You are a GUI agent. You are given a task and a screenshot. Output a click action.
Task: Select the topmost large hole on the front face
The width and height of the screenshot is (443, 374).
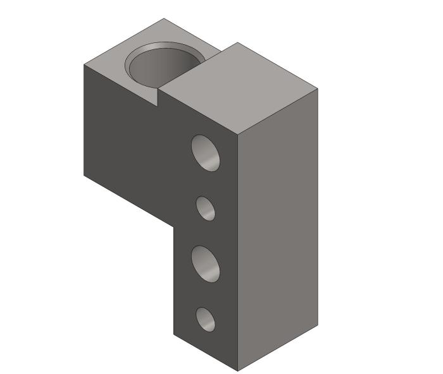pos(206,152)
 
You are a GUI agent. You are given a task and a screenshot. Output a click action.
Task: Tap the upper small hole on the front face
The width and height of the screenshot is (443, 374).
pos(205,208)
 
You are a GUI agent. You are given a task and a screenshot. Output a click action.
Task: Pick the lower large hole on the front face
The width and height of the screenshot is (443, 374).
pos(206,263)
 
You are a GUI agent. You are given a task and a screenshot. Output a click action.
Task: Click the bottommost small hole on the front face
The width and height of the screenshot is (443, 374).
pos(205,319)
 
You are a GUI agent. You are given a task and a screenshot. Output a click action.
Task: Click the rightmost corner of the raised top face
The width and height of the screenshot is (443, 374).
pos(317,88)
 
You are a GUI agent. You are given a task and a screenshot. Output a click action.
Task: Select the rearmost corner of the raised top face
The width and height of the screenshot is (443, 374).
pos(237,43)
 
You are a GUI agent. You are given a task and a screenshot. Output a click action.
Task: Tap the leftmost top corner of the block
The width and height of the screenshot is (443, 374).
pos(84,64)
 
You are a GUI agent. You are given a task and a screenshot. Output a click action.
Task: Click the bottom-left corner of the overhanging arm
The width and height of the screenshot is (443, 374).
pos(84,173)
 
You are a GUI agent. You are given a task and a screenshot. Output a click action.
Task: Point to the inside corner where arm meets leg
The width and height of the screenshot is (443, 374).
pos(174,225)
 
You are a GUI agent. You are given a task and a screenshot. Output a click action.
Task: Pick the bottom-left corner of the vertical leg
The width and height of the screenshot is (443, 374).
pos(174,334)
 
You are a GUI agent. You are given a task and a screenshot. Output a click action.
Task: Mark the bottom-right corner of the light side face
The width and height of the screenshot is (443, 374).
pos(317,325)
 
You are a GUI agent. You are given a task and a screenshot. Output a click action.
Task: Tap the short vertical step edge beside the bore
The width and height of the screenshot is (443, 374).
pos(158,97)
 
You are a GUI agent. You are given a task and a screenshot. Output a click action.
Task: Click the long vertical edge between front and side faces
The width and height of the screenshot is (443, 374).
pos(238,253)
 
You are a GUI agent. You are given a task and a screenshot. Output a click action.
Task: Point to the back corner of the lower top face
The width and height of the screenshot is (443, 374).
pos(164,19)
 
